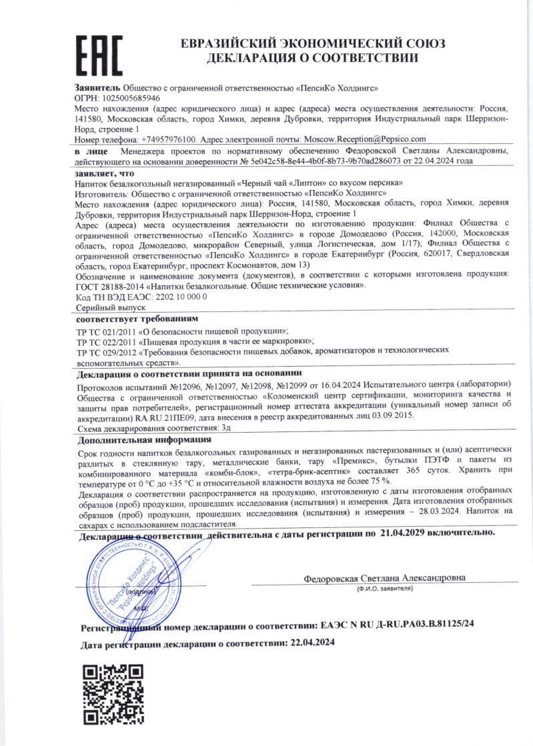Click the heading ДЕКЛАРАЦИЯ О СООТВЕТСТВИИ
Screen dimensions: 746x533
pyautogui.click(x=312, y=59)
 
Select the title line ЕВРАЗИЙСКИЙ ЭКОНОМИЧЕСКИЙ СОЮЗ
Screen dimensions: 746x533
pyautogui.click(x=312, y=43)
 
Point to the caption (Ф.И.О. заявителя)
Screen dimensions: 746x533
pyautogui.click(x=385, y=589)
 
